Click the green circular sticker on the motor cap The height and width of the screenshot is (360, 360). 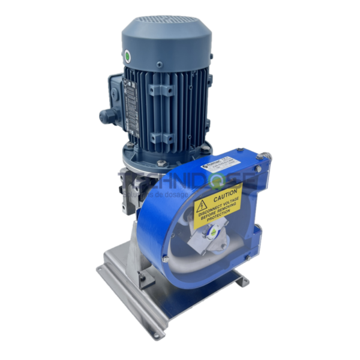[x=127, y=56]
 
